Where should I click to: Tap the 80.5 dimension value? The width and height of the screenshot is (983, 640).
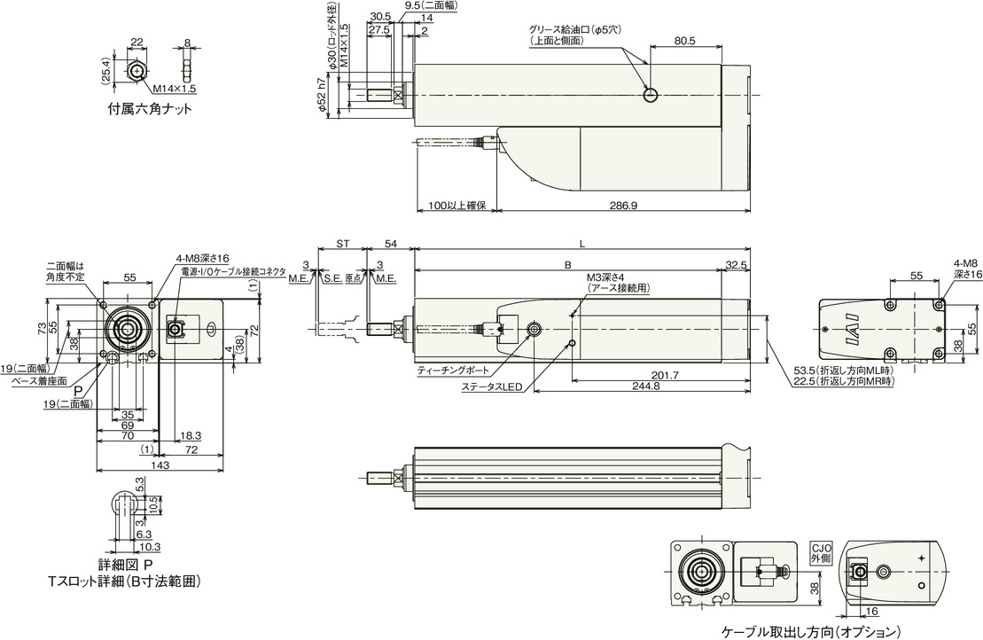(x=685, y=41)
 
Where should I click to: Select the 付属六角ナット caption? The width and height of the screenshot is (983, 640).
(x=150, y=109)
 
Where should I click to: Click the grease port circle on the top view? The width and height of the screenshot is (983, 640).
(x=651, y=95)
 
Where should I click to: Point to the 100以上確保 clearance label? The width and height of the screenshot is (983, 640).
(x=457, y=206)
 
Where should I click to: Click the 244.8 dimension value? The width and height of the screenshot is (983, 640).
(x=646, y=386)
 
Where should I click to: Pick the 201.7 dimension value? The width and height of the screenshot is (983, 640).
(x=665, y=375)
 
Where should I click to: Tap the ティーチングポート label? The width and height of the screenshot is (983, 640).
(x=453, y=371)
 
